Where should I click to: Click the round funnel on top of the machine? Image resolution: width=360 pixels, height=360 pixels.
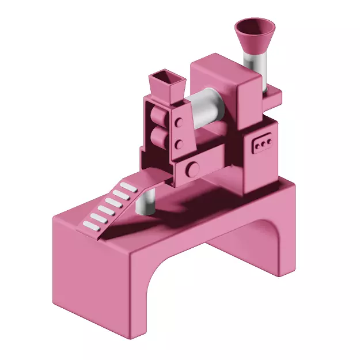(x=255, y=38)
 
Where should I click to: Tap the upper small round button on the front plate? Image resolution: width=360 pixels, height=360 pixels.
(x=179, y=122)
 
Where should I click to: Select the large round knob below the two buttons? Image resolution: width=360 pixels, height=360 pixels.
(x=192, y=169)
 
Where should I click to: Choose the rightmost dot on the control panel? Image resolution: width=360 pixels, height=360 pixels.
(x=268, y=140)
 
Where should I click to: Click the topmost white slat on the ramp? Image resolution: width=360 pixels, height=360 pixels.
(x=127, y=187)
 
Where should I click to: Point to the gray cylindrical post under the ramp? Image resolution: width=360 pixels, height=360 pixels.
(x=147, y=202)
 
